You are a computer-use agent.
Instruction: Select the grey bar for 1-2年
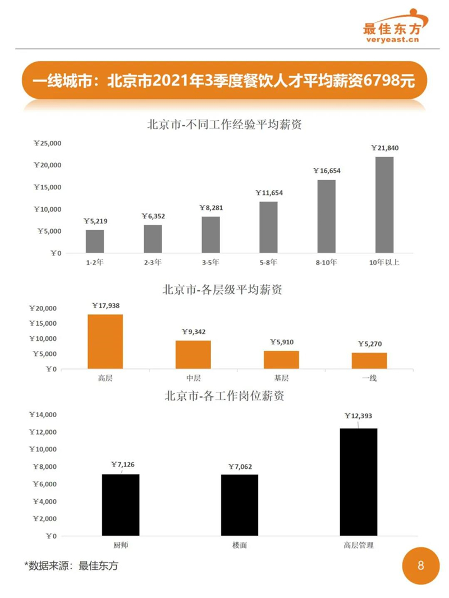(95, 241)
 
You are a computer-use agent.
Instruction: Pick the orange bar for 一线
(369, 360)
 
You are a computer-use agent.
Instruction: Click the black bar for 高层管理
(359, 482)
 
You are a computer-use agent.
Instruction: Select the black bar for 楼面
(240, 505)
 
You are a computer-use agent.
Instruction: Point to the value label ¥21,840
(384, 148)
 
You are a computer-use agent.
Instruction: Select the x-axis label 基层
(281, 378)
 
